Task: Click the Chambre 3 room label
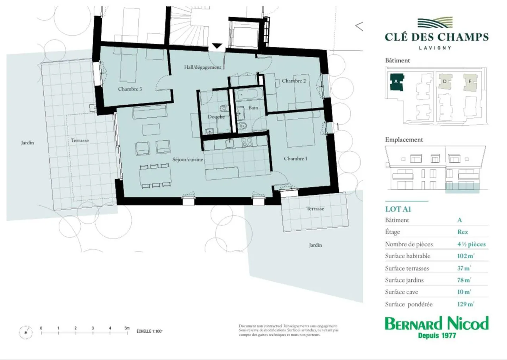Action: (x=130, y=89)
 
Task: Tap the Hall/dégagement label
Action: (x=202, y=67)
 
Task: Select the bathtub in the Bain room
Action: (x=248, y=95)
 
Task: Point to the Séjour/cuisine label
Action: (x=188, y=160)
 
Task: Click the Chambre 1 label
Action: (x=295, y=159)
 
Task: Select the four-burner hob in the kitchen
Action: (x=247, y=142)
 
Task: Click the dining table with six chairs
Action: (x=155, y=176)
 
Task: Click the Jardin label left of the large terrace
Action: (x=27, y=143)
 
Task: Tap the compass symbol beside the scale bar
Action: (x=26, y=332)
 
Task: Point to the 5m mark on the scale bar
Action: (x=127, y=328)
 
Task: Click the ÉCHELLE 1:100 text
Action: (x=149, y=331)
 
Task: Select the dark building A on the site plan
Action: (x=396, y=82)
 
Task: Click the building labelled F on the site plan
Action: (x=470, y=82)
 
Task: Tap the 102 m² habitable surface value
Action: (x=465, y=256)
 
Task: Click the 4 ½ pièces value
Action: (x=471, y=244)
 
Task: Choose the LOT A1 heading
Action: (x=398, y=209)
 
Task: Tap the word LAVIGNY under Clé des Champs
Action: (x=435, y=48)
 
